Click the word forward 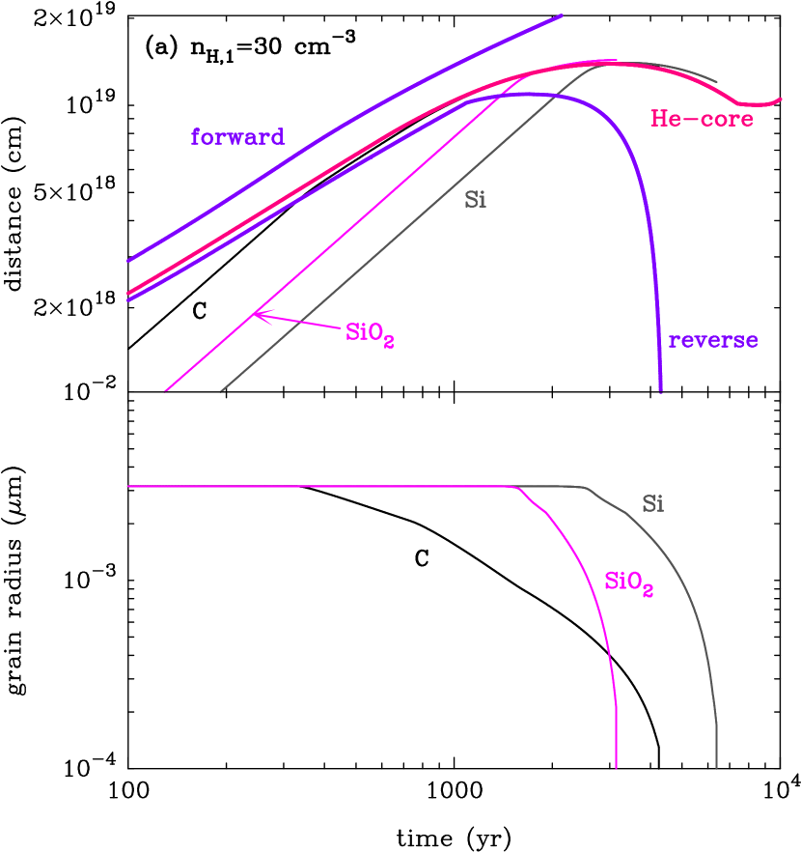pyautogui.click(x=237, y=137)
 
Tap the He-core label pyautogui.click(x=702, y=120)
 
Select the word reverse pyautogui.click(x=712, y=341)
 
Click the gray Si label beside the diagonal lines pyautogui.click(x=475, y=201)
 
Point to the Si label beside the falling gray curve pyautogui.click(x=652, y=504)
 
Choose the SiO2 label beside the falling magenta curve pyautogui.click(x=628, y=582)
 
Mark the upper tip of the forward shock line pyautogui.click(x=562, y=14)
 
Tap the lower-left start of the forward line pyautogui.click(x=128, y=261)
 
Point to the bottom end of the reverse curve pyautogui.click(x=661, y=390)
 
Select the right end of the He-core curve pyautogui.click(x=781, y=99)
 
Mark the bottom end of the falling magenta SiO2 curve pyautogui.click(x=616, y=768)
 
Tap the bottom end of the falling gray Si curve pyautogui.click(x=716, y=768)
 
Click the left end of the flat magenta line pyautogui.click(x=128, y=487)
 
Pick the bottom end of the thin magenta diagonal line pyautogui.click(x=166, y=391)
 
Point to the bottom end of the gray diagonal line pyautogui.click(x=221, y=391)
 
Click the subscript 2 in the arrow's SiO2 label pyautogui.click(x=389, y=342)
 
